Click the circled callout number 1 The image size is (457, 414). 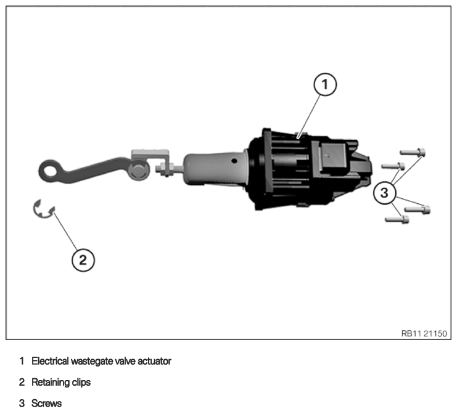pos(325,84)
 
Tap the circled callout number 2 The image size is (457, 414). pos(83,260)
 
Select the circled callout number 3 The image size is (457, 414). pos(385,193)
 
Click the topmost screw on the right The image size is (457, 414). pos(413,152)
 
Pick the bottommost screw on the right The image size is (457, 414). pos(397,219)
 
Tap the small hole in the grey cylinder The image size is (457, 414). pos(234,160)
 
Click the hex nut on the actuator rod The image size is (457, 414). pos(168,170)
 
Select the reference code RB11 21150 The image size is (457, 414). pos(424,333)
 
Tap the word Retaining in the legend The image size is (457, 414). pos(50,382)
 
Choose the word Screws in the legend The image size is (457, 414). pos(47,404)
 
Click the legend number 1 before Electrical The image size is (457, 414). pos(22,361)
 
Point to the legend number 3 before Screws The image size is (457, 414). pos(22,404)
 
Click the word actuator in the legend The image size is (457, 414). pos(154,361)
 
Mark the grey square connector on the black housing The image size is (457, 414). pos(333,156)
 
